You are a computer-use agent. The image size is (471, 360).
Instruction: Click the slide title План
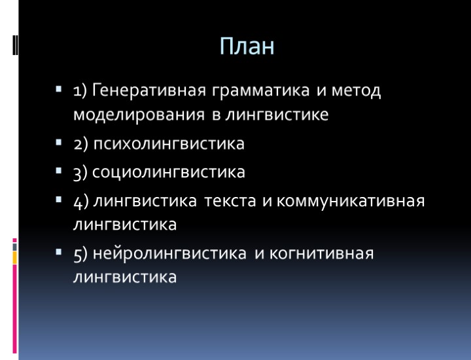[247, 46]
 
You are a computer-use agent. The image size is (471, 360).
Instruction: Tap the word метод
[357, 90]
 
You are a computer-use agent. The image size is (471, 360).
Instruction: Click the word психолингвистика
[168, 144]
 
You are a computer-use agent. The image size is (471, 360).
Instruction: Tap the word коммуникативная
[351, 200]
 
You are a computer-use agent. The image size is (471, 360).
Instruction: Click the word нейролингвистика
[170, 253]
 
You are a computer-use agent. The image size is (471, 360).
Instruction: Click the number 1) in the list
[80, 90]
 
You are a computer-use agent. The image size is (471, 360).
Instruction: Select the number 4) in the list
[81, 200]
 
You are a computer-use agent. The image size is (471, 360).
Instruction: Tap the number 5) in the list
[81, 253]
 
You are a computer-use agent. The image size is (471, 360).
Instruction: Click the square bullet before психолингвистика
[58, 142]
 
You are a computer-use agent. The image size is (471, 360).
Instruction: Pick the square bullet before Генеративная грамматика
[58, 88]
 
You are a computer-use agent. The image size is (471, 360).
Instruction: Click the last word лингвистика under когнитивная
[125, 278]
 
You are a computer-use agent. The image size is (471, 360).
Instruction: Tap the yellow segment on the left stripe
[15, 257]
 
